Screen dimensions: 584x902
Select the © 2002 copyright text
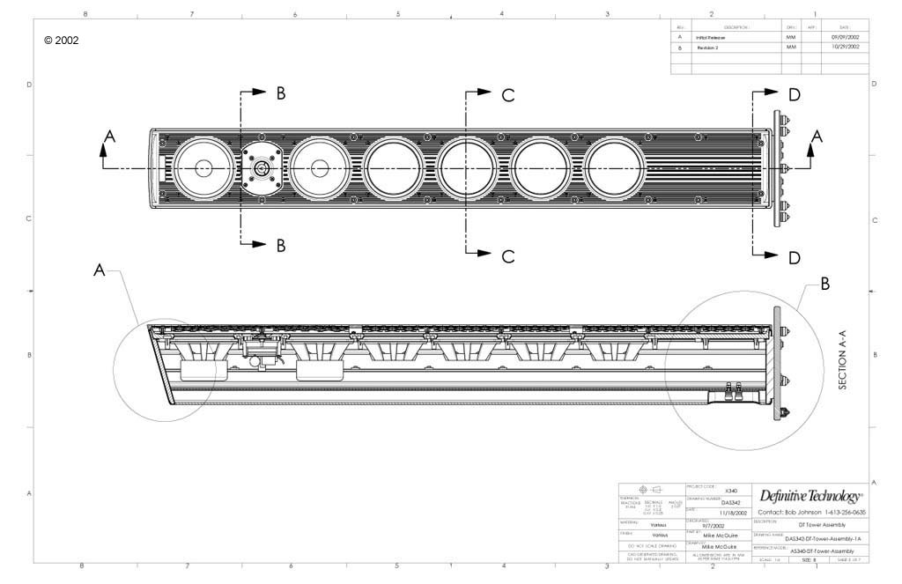coord(61,41)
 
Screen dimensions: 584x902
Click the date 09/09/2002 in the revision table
coord(845,38)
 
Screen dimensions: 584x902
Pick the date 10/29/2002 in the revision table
coord(845,48)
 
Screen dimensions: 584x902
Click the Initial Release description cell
coord(711,38)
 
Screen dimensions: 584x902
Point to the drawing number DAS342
coord(718,502)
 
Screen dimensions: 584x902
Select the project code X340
coord(730,491)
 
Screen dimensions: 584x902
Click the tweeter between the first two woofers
coord(262,168)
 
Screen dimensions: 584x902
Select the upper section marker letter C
coord(508,96)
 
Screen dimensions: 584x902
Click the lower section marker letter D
coord(795,258)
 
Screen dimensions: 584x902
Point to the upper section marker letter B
coord(281,94)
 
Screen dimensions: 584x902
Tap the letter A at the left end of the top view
coord(109,137)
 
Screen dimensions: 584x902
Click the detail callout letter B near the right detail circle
coord(825,285)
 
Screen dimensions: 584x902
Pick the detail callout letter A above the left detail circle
coord(100,271)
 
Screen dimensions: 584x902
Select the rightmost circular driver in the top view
coord(617,168)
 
